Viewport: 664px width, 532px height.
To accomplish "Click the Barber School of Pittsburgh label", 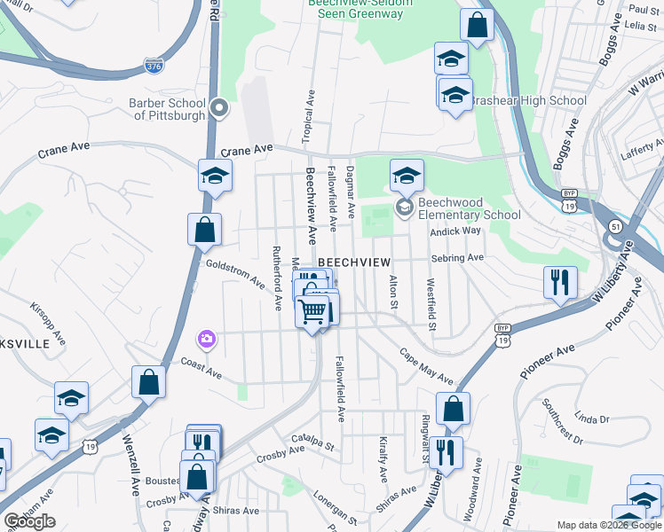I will pyautogui.click(x=167, y=109).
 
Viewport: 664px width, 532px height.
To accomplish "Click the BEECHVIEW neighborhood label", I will pyautogui.click(x=354, y=262).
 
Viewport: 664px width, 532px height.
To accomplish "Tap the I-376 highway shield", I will pyautogui.click(x=154, y=65).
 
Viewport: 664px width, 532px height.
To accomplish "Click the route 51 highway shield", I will pyautogui.click(x=615, y=227).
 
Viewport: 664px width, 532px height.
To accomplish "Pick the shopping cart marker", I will pyautogui.click(x=312, y=311).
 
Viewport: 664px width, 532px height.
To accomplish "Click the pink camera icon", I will pyautogui.click(x=206, y=339).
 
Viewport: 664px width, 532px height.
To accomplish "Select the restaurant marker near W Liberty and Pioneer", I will pyautogui.click(x=560, y=283).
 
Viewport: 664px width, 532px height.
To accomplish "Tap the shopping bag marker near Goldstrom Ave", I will pyautogui.click(x=204, y=229).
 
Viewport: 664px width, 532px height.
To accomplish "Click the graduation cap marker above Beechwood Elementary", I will pyautogui.click(x=407, y=175).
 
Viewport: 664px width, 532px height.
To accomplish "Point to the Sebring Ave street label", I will pyautogui.click(x=457, y=258).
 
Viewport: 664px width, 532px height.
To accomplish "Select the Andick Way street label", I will pyautogui.click(x=455, y=231).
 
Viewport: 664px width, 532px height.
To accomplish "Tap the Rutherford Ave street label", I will pyautogui.click(x=277, y=278).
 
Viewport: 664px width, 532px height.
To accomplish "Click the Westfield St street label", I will pyautogui.click(x=431, y=305).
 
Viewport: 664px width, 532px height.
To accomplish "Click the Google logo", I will pyautogui.click(x=29, y=521).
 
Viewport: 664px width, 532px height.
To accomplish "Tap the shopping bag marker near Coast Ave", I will pyautogui.click(x=148, y=381).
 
